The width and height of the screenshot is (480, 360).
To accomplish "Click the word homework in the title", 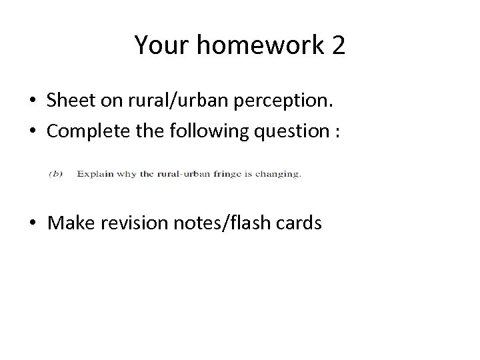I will point(257,45).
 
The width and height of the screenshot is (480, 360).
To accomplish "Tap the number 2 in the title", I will point(337,45).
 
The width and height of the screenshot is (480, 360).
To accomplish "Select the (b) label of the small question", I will point(56,174).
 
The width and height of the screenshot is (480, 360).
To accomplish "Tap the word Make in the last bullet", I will point(69,223).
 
